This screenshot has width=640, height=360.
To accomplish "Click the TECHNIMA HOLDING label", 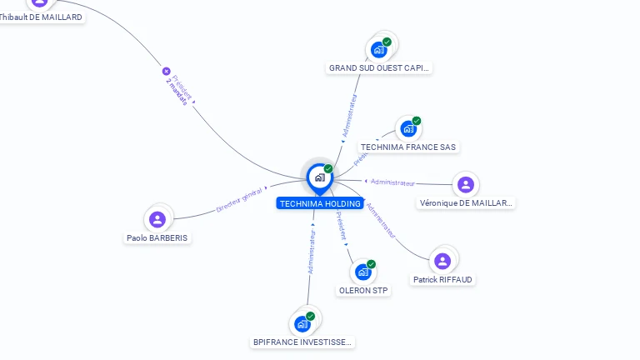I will (x=320, y=203).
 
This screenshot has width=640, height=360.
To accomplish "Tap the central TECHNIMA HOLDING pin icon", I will (x=319, y=177).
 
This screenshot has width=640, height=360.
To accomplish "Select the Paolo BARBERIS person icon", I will (x=157, y=219).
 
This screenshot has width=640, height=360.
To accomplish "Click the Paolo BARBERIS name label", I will (x=157, y=237).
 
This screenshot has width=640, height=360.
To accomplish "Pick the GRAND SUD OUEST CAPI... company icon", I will (x=380, y=49).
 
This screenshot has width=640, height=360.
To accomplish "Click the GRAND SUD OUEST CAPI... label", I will (x=380, y=68).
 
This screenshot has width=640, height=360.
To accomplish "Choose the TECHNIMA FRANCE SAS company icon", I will (x=408, y=128).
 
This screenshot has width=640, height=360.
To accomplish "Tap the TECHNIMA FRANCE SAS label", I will (x=408, y=147).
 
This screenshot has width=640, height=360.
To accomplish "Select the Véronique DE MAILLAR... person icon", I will (x=466, y=184).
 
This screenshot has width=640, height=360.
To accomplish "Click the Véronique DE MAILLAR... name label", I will (x=466, y=203).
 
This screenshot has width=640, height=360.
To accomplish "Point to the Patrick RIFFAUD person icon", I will (x=442, y=261).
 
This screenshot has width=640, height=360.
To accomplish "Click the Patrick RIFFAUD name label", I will (x=443, y=280).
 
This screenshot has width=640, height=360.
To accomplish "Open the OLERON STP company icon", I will (x=363, y=272).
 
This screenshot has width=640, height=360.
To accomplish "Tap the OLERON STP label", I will (x=363, y=291).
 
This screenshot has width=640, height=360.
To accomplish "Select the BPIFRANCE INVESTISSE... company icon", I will (x=302, y=323).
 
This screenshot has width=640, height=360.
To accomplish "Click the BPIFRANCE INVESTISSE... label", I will (x=303, y=342).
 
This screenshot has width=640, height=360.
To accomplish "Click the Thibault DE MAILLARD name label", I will (x=42, y=17).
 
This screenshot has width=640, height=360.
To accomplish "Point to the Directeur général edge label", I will (x=239, y=200).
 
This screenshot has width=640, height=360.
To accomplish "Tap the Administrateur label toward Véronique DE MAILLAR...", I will (x=392, y=182).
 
